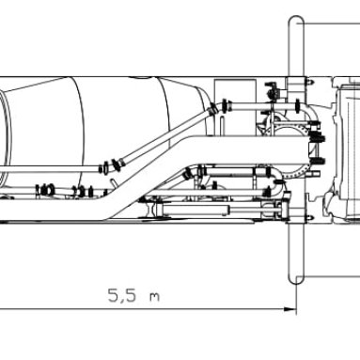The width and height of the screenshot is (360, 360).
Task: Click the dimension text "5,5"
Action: coord(122,295)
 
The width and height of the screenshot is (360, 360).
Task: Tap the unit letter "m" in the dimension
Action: coord(154,297)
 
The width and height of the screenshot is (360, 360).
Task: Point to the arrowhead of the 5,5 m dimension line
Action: coord(290,309)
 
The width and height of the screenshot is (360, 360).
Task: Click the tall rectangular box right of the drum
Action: coord(235,107)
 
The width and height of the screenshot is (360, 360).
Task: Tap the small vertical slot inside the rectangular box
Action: coord(222,125)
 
